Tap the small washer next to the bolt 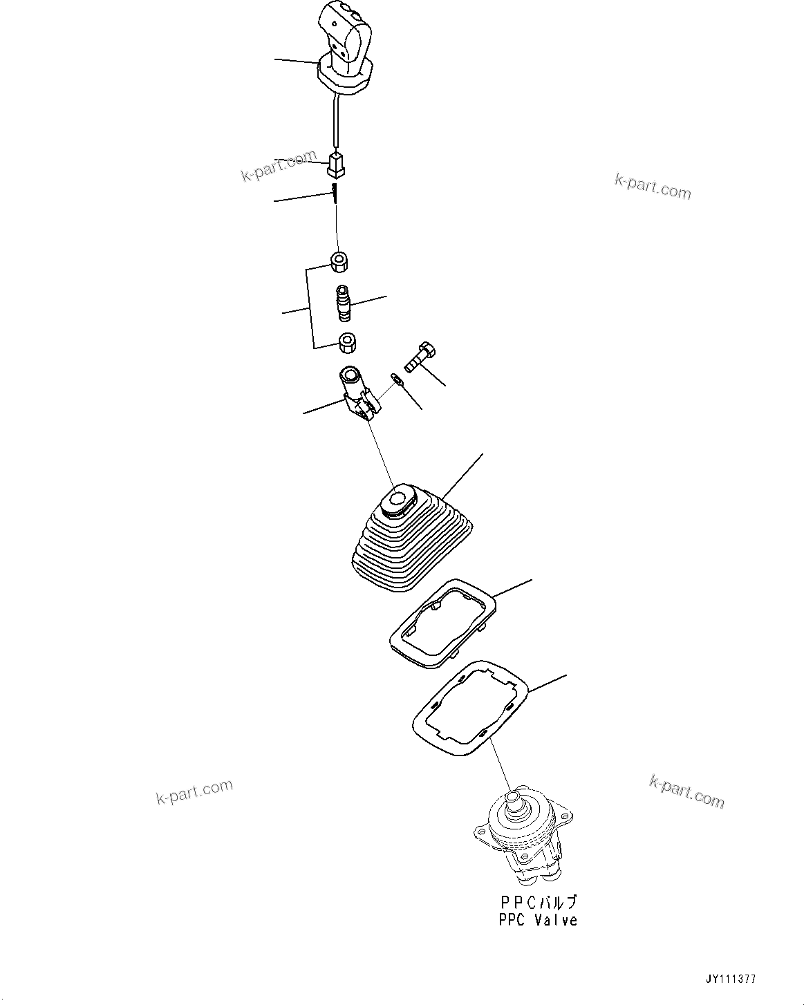click(x=395, y=378)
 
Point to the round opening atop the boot click(x=399, y=499)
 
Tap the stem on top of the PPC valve click(x=513, y=801)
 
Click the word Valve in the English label click(x=557, y=920)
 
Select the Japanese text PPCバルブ click(x=537, y=903)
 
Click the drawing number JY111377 click(x=731, y=979)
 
